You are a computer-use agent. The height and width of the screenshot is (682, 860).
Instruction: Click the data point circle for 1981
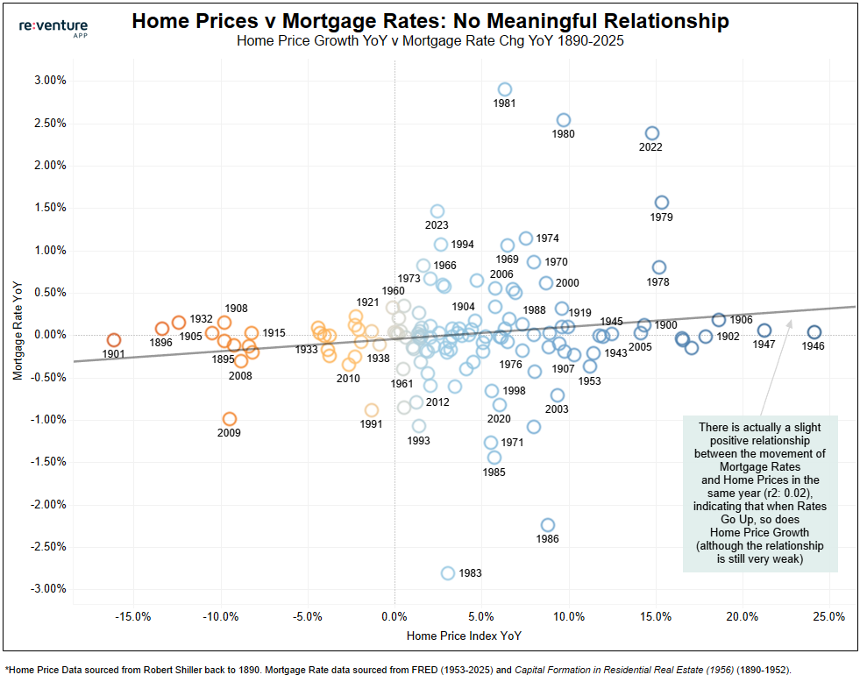click(504, 89)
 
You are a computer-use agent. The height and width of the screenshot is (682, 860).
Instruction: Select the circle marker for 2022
click(651, 133)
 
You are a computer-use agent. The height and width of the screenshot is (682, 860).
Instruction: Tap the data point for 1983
click(448, 573)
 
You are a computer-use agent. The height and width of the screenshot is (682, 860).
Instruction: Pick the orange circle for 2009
click(230, 419)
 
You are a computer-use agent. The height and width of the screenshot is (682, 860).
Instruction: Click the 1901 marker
click(114, 340)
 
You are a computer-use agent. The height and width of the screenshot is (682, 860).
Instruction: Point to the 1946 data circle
click(814, 332)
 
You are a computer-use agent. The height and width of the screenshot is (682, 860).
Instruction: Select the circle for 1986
click(547, 525)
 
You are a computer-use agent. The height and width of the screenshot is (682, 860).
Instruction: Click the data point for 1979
click(662, 202)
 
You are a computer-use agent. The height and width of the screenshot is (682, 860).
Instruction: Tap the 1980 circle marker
click(564, 120)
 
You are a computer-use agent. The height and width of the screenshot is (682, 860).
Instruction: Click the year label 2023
click(436, 225)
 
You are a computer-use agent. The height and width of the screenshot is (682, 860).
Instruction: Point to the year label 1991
click(371, 424)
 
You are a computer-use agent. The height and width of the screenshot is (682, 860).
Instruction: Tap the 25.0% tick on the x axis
click(829, 615)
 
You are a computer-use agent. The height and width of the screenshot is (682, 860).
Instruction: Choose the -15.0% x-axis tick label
click(133, 615)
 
